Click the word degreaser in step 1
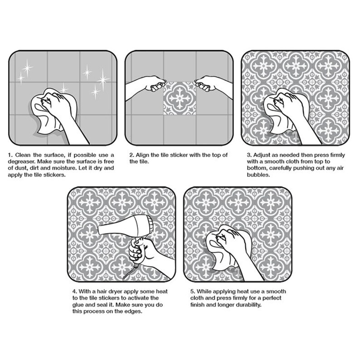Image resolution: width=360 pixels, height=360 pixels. point(22,161)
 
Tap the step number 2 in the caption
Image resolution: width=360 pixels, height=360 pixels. point(131,155)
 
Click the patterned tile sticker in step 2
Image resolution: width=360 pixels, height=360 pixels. point(179,98)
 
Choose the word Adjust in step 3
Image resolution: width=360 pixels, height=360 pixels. point(262,155)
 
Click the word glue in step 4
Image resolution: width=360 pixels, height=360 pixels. point(78,305)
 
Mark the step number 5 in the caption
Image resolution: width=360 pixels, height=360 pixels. point(192,292)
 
